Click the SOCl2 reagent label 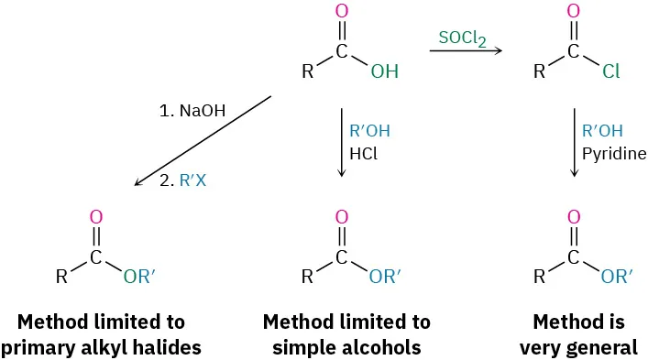pyautogui.click(x=462, y=38)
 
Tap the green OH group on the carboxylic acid pyautogui.click(x=384, y=71)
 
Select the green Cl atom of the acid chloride pyautogui.click(x=611, y=71)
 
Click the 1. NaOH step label pyautogui.click(x=192, y=111)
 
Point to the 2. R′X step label pyautogui.click(x=182, y=180)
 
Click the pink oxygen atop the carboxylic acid pyautogui.click(x=342, y=12)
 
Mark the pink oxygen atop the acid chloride pyautogui.click(x=575, y=12)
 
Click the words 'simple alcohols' pyautogui.click(x=346, y=347)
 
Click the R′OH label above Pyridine pyautogui.click(x=601, y=130)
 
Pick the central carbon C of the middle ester pyautogui.click(x=342, y=258)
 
